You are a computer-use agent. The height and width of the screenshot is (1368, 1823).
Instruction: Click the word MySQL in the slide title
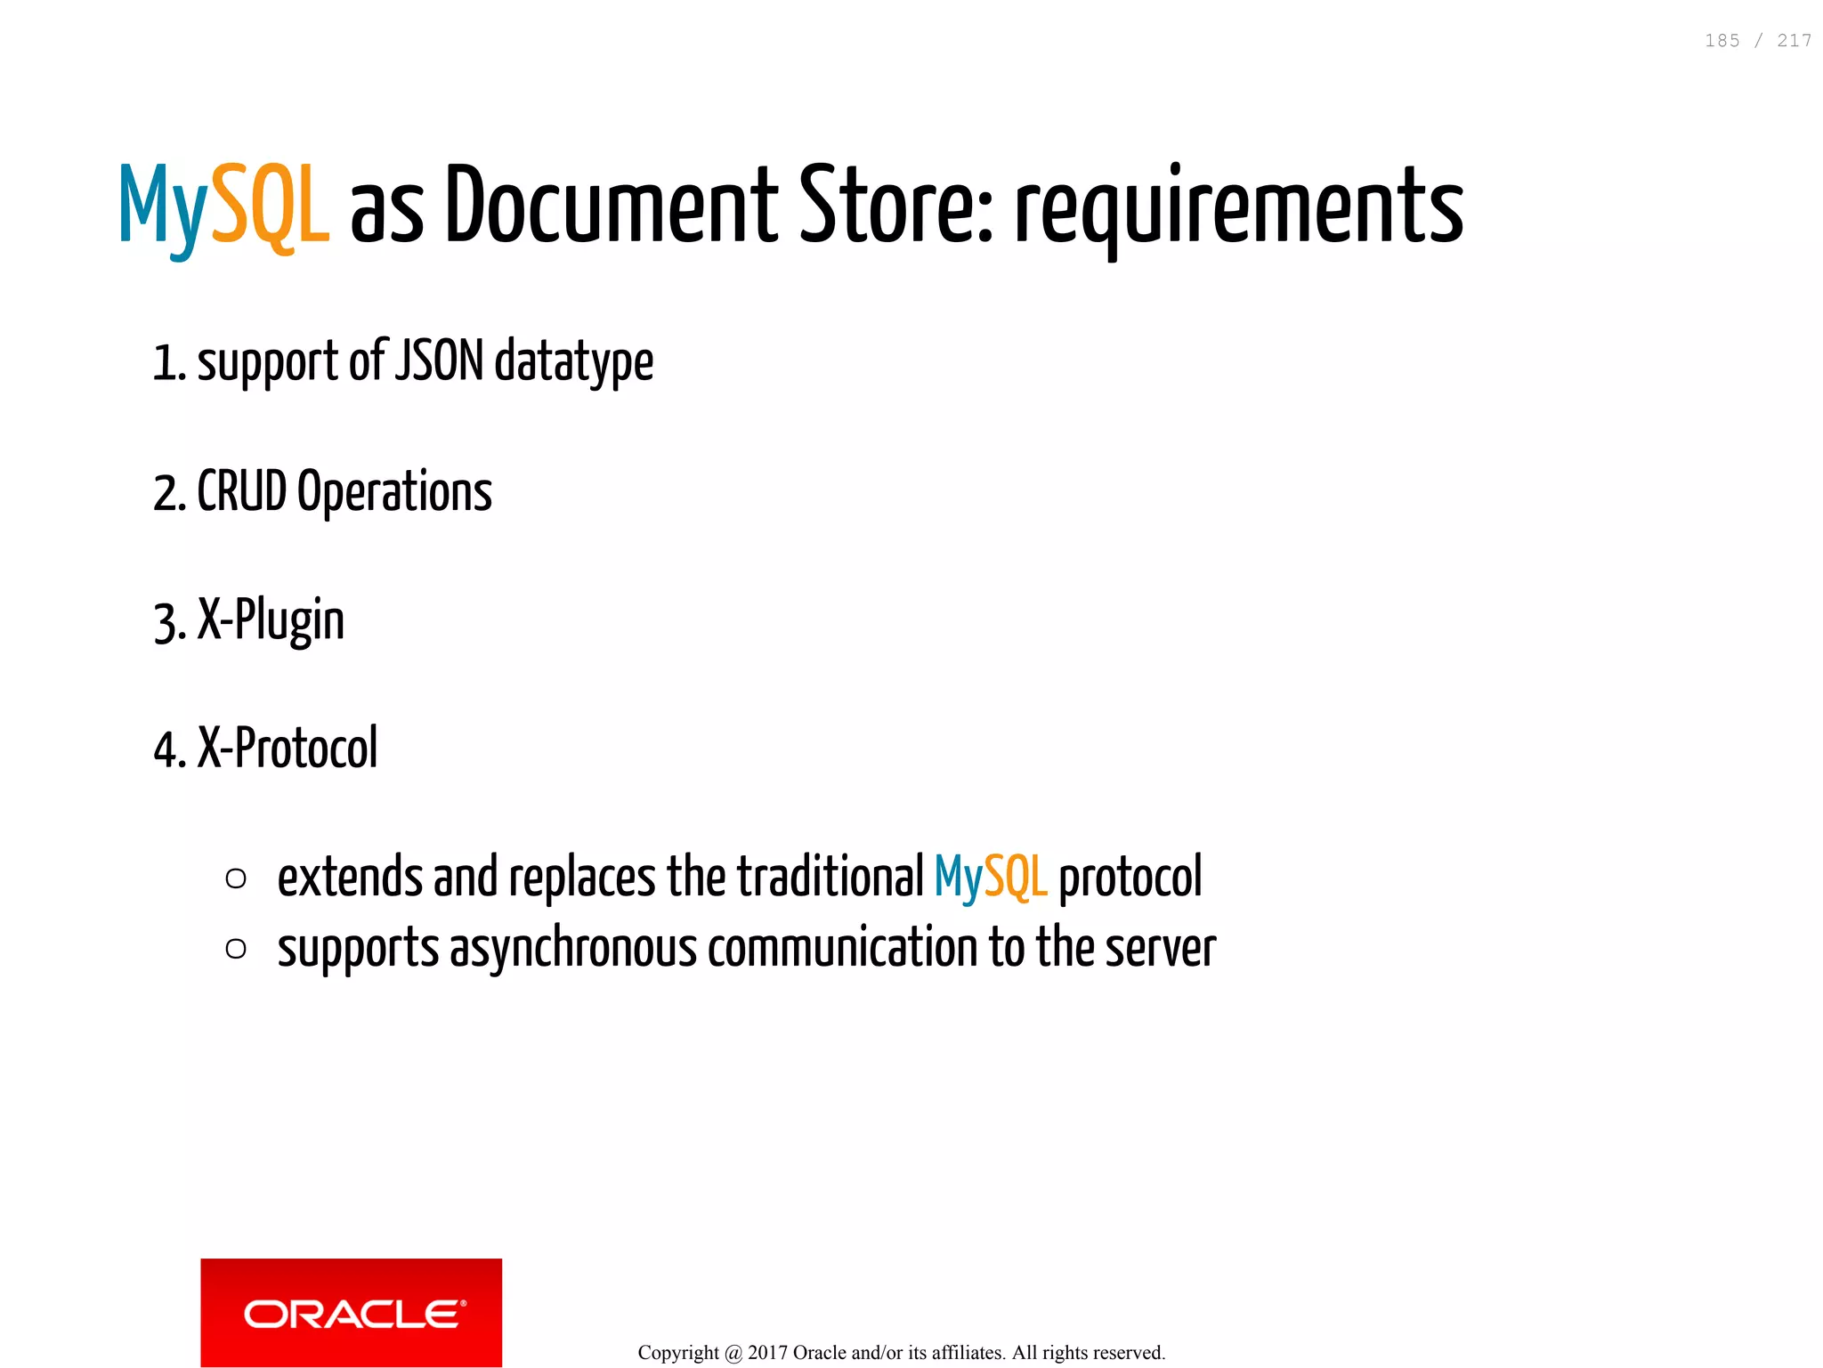pos(224,206)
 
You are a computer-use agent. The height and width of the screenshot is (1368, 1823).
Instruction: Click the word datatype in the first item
pos(574,362)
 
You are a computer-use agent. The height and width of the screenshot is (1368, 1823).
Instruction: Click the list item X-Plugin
pos(271,620)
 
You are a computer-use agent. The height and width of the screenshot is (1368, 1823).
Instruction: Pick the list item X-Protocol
pos(288,749)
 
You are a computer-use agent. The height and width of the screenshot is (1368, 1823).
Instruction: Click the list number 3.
pos(166,623)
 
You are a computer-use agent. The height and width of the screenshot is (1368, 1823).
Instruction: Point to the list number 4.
pos(166,750)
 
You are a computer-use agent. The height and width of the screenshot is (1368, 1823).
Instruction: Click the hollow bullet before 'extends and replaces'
pos(236,879)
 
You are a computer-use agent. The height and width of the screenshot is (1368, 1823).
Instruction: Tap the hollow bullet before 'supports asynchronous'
pos(236,949)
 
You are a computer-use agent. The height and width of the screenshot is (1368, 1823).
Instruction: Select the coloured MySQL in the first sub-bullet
pos(991,878)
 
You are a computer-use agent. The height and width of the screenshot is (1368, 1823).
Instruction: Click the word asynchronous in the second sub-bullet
pos(573,949)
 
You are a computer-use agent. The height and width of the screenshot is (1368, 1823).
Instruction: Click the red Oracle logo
pos(351,1312)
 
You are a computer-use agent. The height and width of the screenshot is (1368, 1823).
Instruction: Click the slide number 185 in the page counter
pos(1722,41)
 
